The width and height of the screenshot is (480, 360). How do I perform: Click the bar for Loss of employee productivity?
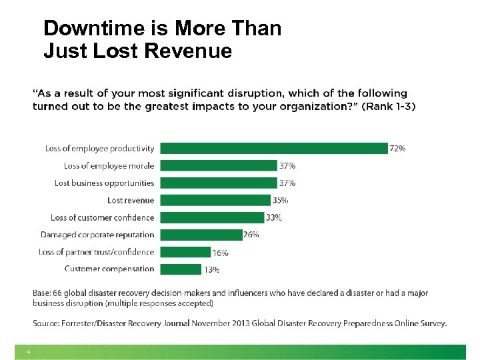pyautogui.click(x=273, y=149)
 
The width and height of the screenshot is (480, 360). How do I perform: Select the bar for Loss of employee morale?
pyautogui.click(x=218, y=165)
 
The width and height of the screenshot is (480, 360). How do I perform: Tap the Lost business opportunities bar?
pyautogui.click(x=218, y=183)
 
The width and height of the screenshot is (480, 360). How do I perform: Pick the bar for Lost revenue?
pyautogui.click(x=215, y=200)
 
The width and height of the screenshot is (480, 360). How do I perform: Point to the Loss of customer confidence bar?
pyautogui.click(x=212, y=217)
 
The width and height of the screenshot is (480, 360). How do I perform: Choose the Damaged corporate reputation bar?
pyautogui.click(x=201, y=235)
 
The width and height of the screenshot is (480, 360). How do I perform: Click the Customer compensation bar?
pyautogui.click(x=181, y=269)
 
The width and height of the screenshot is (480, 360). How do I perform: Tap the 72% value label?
pyautogui.click(x=397, y=149)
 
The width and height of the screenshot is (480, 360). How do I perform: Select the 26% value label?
pyautogui.click(x=251, y=235)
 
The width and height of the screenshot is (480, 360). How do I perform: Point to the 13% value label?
pyautogui.click(x=211, y=270)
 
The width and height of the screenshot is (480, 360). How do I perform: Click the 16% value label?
pyautogui.click(x=221, y=253)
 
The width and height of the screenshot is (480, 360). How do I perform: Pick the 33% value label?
pyautogui.click(x=273, y=217)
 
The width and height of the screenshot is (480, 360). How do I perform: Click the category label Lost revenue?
pyautogui.click(x=131, y=200)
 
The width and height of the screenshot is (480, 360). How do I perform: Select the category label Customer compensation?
pyautogui.click(x=109, y=269)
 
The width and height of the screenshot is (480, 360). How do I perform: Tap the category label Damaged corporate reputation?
pyautogui.click(x=97, y=235)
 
